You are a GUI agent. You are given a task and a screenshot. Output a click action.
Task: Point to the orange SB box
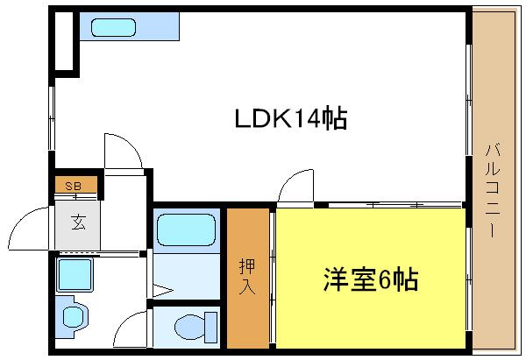point(74,186)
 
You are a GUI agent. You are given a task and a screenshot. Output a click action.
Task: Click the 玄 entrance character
point(78,222)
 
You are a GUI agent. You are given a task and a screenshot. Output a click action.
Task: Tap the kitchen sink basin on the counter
point(113,26)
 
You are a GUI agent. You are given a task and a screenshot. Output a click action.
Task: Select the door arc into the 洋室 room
point(294,187)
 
